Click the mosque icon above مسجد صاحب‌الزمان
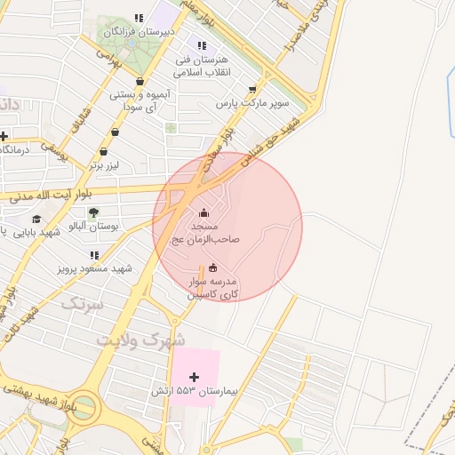pos(205,212)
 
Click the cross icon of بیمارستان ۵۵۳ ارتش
pos(195,378)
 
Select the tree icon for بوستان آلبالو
pos(93,212)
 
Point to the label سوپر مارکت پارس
pos(252,104)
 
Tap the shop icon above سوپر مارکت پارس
pos(253,89)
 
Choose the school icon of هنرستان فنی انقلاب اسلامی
pos(202,45)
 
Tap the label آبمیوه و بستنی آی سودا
pos(136,100)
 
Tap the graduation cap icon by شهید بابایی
pos(36,219)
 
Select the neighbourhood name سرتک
pos(81,304)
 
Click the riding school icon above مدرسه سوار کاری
pos(212,268)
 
